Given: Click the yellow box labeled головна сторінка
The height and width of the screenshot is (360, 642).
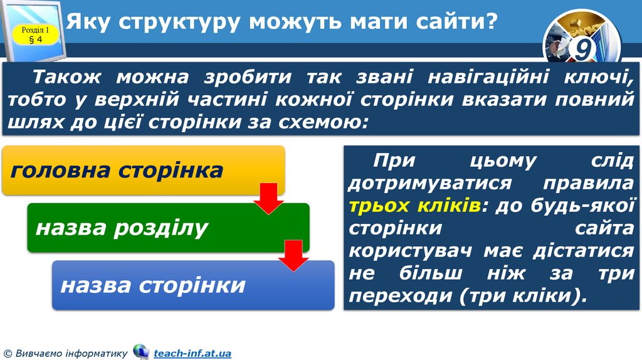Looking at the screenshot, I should (144, 170).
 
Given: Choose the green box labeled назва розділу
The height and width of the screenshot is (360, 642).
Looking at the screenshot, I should (168, 228).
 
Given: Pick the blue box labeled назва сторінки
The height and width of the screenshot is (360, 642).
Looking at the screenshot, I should (192, 285).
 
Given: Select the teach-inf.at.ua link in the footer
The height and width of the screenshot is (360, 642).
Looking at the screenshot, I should (192, 354).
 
